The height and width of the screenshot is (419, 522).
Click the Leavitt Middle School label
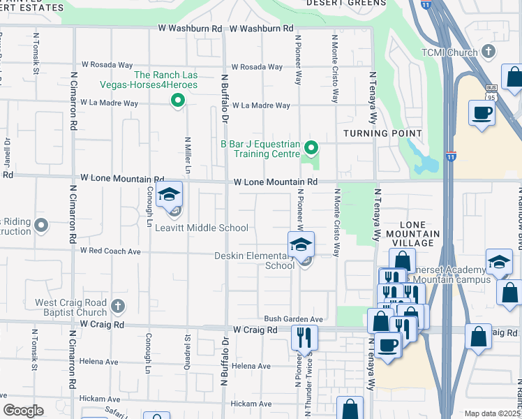pos(201,228)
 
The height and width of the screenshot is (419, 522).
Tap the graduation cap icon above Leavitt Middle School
pos(168,196)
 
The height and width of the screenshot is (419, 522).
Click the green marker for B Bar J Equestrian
pos(312,147)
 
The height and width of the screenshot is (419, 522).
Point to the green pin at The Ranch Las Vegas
pos(177,101)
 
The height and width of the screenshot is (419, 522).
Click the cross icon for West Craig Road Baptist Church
pos(118,305)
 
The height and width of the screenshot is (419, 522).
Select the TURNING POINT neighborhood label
pos(382,133)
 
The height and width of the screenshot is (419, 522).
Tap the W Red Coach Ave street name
pos(110,250)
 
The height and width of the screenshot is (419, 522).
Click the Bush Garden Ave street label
pos(293,319)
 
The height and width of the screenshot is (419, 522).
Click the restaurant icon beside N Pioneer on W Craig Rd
pos(304,337)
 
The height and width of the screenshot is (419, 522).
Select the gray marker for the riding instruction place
pos(41,226)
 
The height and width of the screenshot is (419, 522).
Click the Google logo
pos(23,410)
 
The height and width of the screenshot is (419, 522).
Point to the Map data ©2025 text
pos(492,413)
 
